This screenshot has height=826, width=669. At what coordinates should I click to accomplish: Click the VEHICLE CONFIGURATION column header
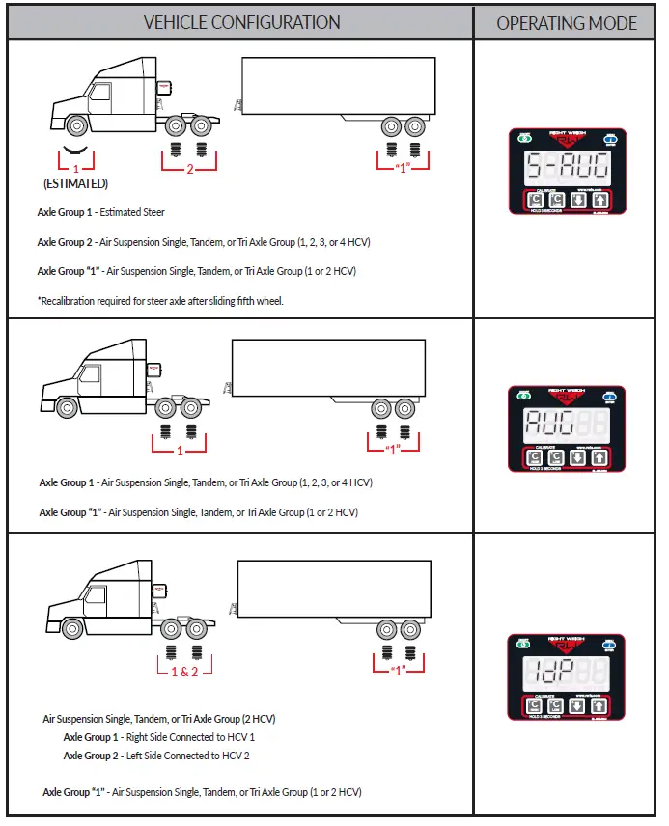pyautogui.click(x=241, y=22)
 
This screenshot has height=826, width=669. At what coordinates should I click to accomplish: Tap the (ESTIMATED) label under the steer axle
pyautogui.click(x=75, y=183)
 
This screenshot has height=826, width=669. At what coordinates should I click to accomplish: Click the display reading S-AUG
pyautogui.click(x=566, y=168)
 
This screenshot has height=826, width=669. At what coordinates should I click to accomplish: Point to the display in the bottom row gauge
pyautogui.click(x=566, y=672)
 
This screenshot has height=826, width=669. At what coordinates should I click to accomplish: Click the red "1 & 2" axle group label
pyautogui.click(x=184, y=671)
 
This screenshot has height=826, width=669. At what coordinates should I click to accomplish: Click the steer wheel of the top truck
pyautogui.click(x=75, y=125)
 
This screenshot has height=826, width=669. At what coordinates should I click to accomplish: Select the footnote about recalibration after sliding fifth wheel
pyautogui.click(x=160, y=301)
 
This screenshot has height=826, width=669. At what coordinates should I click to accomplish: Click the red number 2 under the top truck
pyautogui.click(x=189, y=170)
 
